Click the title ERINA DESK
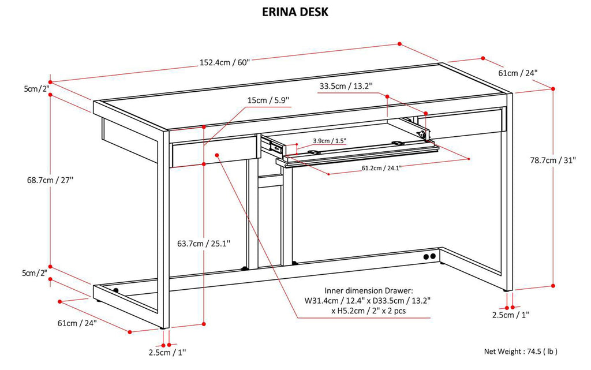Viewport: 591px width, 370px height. [x=295, y=12]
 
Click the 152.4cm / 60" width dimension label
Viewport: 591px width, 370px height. [x=225, y=63]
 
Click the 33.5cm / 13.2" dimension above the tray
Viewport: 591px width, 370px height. [x=346, y=87]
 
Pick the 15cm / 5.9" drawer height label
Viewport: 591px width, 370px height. [x=268, y=100]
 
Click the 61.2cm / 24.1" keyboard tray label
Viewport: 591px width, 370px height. [x=381, y=168]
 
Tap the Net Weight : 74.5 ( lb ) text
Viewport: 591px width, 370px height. [x=521, y=351]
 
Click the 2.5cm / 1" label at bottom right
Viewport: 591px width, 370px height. [x=510, y=315]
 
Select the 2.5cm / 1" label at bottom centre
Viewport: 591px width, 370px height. [x=167, y=352]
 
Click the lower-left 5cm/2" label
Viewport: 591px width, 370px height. [x=35, y=272]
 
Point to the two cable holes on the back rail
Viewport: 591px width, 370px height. [x=429, y=256]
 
